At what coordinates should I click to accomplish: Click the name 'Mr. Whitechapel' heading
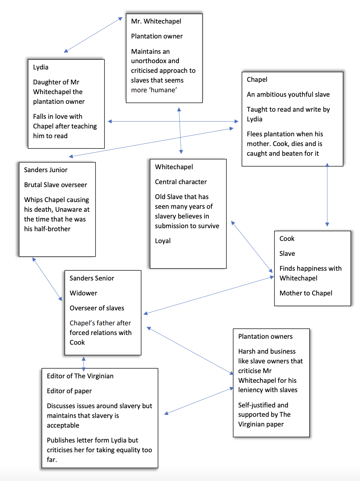click(156, 21)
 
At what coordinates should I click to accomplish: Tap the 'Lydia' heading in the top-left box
click(41, 67)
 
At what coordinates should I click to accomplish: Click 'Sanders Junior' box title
click(46, 170)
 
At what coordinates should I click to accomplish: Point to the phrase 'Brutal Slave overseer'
click(55, 185)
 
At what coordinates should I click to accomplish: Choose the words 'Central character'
click(181, 182)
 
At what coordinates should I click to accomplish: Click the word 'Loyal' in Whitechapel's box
click(163, 241)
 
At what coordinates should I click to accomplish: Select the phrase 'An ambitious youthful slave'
click(288, 94)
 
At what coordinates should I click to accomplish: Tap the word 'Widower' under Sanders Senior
click(83, 293)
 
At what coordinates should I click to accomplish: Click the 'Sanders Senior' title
click(92, 278)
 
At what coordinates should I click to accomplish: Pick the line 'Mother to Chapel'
click(306, 293)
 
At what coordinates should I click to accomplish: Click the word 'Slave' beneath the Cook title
click(287, 254)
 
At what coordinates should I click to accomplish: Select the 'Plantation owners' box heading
click(265, 336)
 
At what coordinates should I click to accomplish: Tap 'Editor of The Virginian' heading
click(80, 376)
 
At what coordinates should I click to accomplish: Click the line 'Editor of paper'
click(69, 391)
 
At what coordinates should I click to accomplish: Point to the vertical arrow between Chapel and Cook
click(327, 195)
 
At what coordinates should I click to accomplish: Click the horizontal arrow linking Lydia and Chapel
click(173, 121)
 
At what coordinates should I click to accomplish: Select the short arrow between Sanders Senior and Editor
click(84, 363)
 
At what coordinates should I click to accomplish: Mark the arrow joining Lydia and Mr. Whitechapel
click(93, 35)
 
